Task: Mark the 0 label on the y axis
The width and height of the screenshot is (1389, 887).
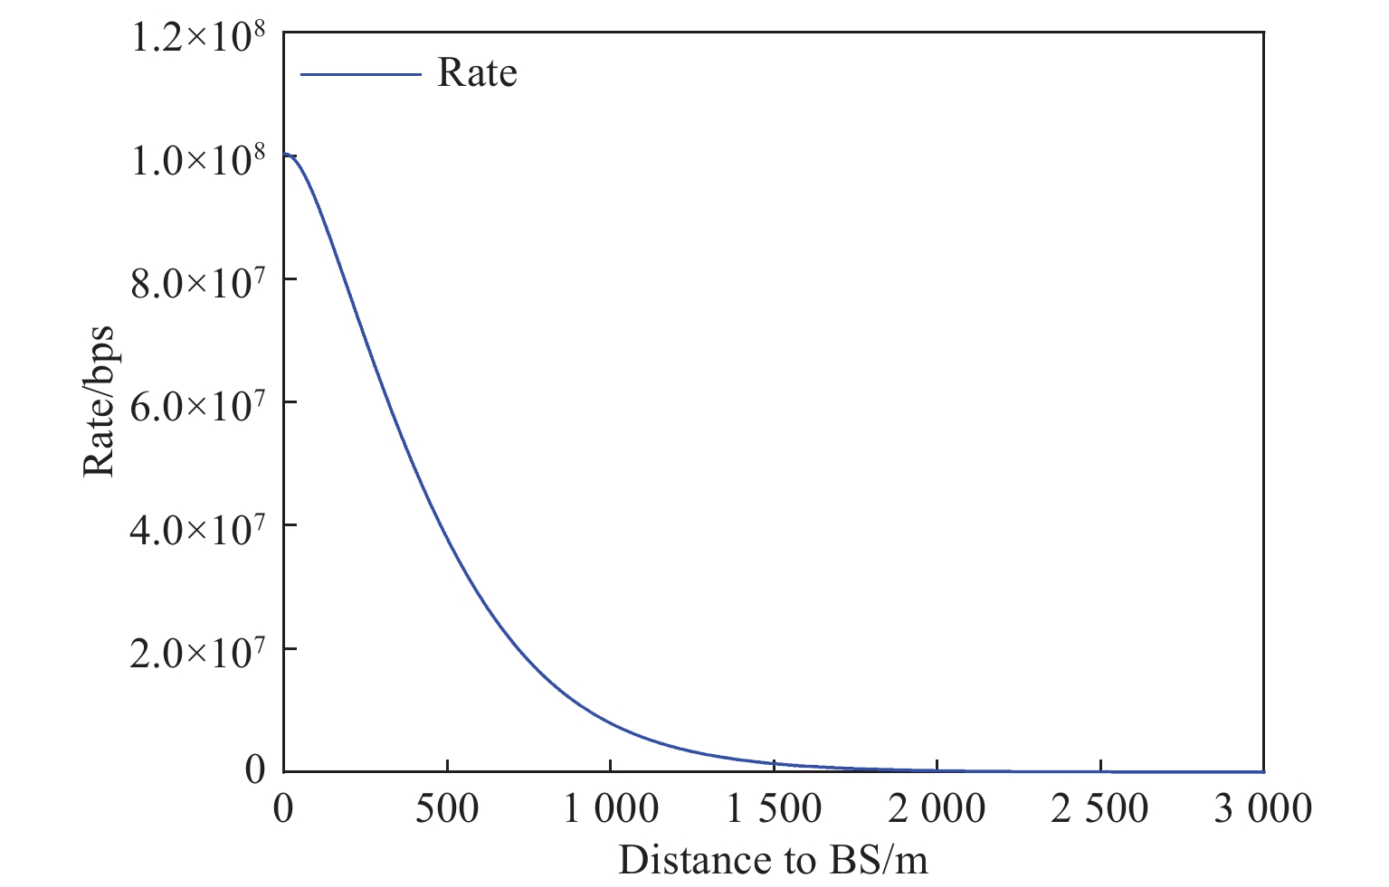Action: pyautogui.click(x=256, y=770)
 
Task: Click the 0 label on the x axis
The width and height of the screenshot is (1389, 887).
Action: pyautogui.click(x=284, y=807)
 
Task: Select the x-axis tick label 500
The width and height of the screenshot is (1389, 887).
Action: pyautogui.click(x=447, y=807)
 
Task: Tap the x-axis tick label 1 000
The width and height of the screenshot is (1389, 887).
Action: pyautogui.click(x=611, y=807)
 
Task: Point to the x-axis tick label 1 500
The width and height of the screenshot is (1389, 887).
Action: pyautogui.click(x=775, y=807)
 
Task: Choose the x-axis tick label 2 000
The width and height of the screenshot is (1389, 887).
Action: pyautogui.click(x=937, y=807)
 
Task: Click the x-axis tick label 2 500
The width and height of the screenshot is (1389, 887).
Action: pyautogui.click(x=1100, y=807)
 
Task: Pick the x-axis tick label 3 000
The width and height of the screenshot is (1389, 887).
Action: pyautogui.click(x=1263, y=807)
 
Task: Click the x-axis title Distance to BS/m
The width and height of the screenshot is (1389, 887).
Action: pyautogui.click(x=774, y=860)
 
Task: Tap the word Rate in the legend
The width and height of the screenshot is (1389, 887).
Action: pyautogui.click(x=477, y=72)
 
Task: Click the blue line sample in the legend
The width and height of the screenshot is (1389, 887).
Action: pyautogui.click(x=361, y=73)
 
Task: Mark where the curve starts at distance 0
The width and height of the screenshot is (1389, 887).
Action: pyautogui.click(x=285, y=156)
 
